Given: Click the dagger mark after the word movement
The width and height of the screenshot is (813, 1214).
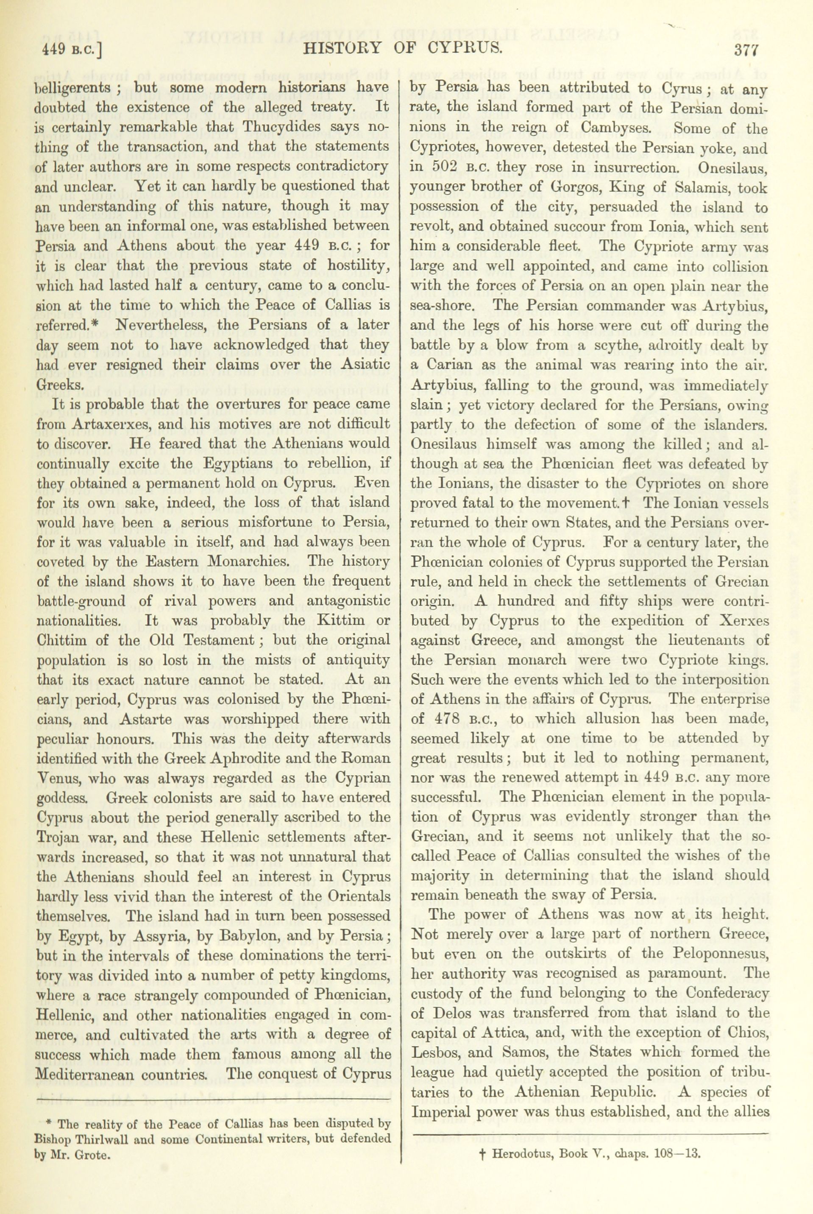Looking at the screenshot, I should coord(625,502).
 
